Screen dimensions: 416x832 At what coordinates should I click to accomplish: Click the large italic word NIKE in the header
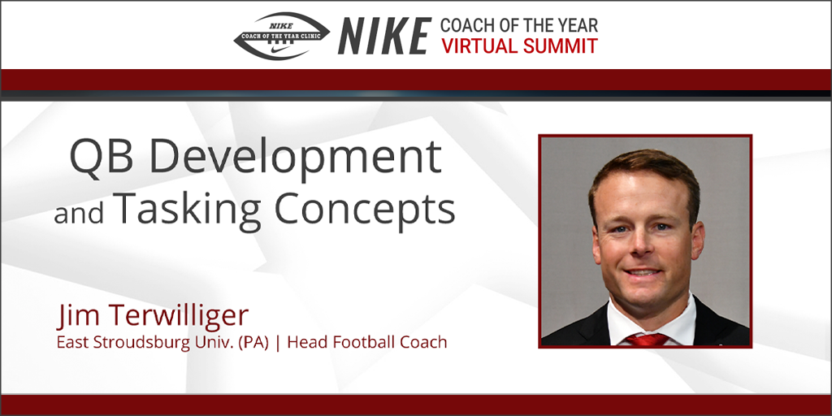[384, 36]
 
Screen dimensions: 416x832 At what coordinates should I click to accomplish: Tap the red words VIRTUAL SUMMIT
[519, 45]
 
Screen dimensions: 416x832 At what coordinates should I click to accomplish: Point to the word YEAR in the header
[575, 24]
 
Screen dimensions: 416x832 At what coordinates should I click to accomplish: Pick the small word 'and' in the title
[80, 213]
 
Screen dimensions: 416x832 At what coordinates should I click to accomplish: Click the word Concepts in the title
[365, 210]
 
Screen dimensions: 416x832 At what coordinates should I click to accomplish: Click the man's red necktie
[648, 338]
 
